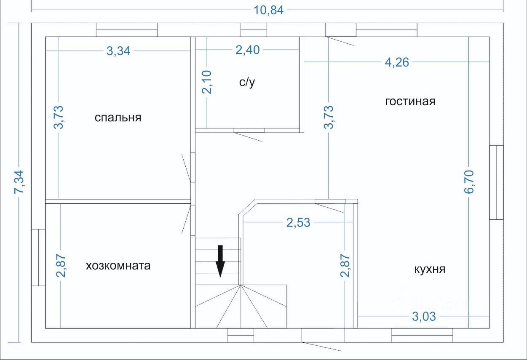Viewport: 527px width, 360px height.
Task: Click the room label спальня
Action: (x=118, y=117)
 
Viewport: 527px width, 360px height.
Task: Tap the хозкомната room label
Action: (x=118, y=266)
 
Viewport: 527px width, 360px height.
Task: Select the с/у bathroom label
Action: (x=247, y=82)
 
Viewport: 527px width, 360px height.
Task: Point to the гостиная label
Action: (x=410, y=101)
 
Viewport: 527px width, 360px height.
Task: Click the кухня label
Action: (x=430, y=269)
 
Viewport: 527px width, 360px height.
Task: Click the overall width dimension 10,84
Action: (x=269, y=11)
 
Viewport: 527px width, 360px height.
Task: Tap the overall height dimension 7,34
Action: (x=19, y=182)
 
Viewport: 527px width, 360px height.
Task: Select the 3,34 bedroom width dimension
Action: (x=118, y=51)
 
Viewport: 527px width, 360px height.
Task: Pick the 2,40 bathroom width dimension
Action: (x=248, y=50)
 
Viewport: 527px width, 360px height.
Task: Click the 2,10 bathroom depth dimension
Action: (x=207, y=82)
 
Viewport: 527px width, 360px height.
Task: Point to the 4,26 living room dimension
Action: (x=397, y=62)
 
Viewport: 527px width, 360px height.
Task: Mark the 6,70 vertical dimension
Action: (x=469, y=182)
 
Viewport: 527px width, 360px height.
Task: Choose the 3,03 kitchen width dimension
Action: (x=424, y=317)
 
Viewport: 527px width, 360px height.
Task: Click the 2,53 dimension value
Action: (x=298, y=222)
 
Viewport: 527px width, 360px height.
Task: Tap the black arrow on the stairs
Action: (x=220, y=261)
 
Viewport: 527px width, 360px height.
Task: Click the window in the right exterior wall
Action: (x=496, y=182)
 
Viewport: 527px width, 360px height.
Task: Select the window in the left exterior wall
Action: (x=38, y=258)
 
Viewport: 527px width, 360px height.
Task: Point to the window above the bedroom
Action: (x=127, y=30)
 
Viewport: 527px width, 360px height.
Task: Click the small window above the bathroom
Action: (x=254, y=30)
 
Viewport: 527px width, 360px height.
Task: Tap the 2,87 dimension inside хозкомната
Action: (x=61, y=266)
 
